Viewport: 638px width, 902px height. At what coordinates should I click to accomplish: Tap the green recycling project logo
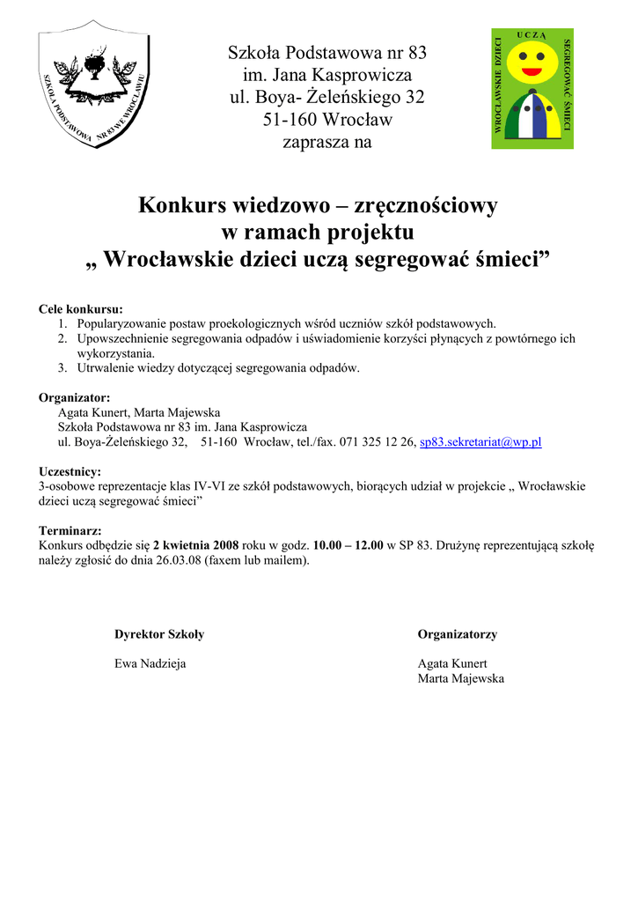(532, 88)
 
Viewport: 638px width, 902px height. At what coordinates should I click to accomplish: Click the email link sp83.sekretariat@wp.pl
(480, 442)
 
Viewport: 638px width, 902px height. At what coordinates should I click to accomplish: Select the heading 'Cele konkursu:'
(81, 309)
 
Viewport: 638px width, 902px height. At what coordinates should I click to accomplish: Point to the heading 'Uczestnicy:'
(70, 471)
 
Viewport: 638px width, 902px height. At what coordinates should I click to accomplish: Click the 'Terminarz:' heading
(70, 531)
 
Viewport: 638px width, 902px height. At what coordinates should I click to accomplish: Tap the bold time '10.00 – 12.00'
(348, 545)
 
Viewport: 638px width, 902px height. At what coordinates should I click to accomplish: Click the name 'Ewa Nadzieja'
(150, 663)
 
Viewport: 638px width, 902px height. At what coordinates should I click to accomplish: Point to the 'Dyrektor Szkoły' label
(159, 634)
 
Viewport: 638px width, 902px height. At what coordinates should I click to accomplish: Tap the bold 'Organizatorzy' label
(458, 634)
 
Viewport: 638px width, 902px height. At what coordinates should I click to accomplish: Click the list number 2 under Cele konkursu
(63, 338)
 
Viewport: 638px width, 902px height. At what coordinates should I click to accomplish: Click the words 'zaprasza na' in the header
(326, 142)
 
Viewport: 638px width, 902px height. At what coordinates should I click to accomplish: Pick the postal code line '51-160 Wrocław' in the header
(326, 119)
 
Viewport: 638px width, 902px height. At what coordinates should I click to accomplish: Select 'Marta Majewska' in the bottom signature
(461, 678)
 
